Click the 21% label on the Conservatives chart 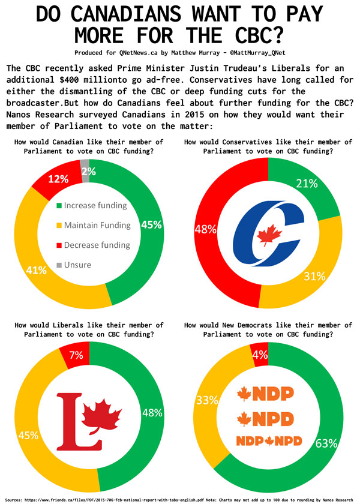pos(306,183)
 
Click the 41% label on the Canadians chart pos(37,270)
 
